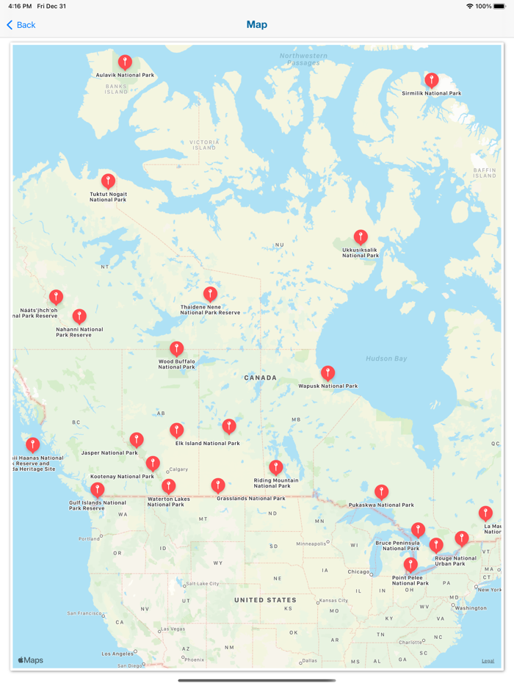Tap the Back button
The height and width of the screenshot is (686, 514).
(21, 25)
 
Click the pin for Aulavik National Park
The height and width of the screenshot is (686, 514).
(125, 62)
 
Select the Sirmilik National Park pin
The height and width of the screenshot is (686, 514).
(432, 80)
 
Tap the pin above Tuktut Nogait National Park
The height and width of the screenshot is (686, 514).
(108, 181)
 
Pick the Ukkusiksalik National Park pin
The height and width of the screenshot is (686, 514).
(360, 237)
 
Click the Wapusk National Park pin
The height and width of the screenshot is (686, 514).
(327, 373)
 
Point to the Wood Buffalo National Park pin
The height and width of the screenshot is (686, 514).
(176, 348)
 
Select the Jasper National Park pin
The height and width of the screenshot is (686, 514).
(137, 440)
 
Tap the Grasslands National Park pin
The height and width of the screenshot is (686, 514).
(217, 485)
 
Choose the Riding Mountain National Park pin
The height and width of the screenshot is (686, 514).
(275, 467)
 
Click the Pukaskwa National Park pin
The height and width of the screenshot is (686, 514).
(381, 491)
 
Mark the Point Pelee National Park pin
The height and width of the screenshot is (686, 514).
(410, 565)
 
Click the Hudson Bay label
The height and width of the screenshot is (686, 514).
(386, 358)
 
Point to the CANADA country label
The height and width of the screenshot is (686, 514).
(261, 378)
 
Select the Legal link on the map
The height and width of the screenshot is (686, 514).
(488, 661)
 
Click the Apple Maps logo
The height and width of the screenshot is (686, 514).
(30, 660)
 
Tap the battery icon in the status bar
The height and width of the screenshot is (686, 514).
(502, 6)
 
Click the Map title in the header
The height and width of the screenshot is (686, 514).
(257, 25)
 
